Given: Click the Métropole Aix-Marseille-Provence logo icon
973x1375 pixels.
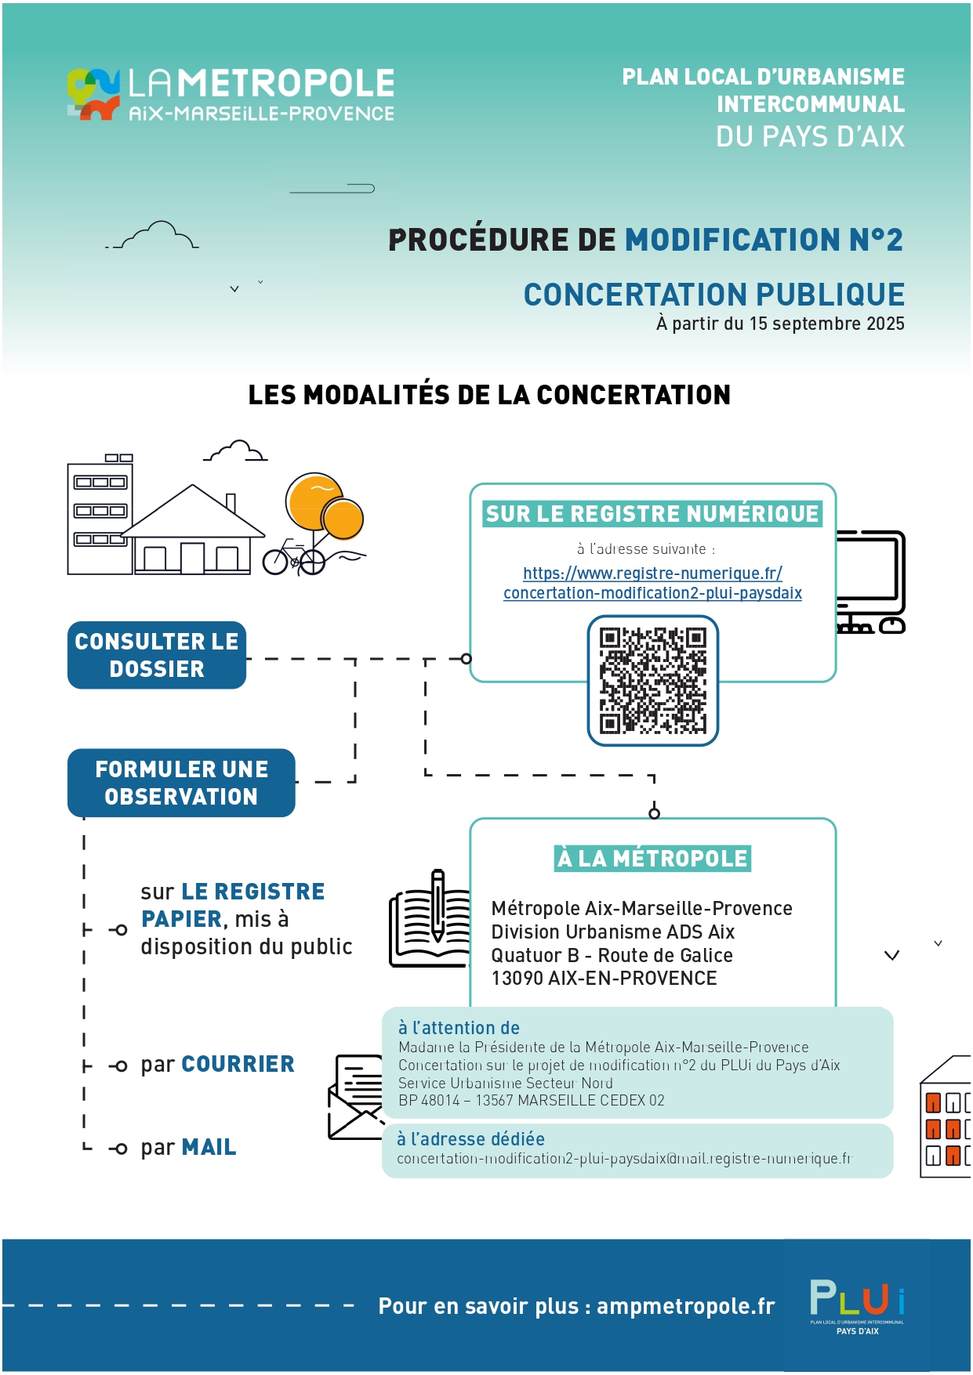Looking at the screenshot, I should (93, 94).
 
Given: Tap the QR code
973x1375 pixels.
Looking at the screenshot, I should (653, 681).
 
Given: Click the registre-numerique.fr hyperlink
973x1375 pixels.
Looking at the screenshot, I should (652, 583).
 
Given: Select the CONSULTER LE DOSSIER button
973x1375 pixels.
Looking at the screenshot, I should (157, 655).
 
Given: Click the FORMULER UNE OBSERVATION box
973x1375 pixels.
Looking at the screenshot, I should (181, 783).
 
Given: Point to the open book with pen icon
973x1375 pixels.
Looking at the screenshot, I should (429, 919).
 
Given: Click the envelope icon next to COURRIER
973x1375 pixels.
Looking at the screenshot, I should (355, 1097).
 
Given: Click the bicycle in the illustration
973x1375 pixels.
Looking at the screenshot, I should (293, 558).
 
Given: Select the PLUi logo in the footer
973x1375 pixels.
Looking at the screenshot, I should (857, 1306).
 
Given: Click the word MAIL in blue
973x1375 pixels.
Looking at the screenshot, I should (209, 1147).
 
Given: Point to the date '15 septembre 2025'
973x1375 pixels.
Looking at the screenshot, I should (826, 324).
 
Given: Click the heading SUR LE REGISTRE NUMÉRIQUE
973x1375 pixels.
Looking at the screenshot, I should (652, 514).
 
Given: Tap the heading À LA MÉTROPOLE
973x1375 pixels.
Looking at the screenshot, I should (652, 859).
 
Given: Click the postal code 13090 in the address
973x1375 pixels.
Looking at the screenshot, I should (517, 979).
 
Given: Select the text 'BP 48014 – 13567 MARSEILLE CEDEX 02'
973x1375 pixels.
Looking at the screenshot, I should (531, 1100).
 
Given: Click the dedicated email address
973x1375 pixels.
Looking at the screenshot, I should (624, 1158).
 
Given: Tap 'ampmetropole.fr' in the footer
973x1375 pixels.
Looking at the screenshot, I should (685, 1306).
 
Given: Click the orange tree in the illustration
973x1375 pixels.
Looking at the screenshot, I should (324, 506).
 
